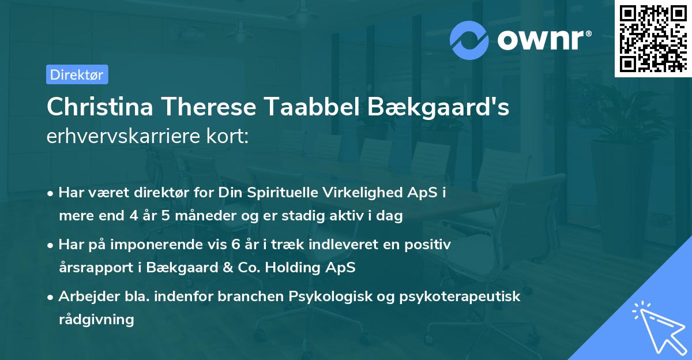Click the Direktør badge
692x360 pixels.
click(x=77, y=74)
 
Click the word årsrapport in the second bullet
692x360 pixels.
click(x=92, y=268)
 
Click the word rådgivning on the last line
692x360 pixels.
click(x=96, y=320)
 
